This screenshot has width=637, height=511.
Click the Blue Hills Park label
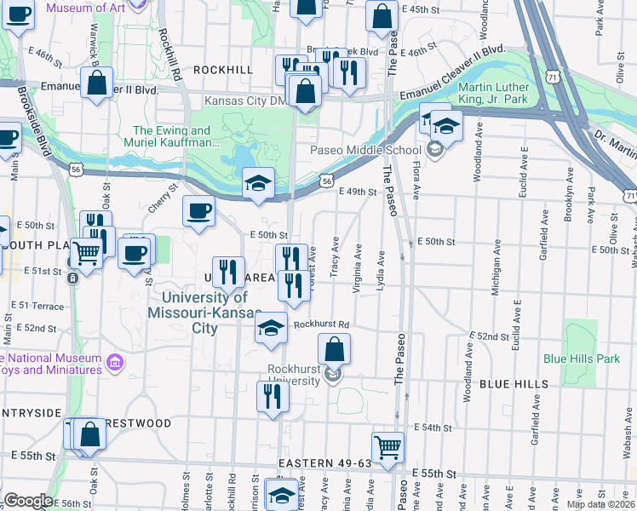582,359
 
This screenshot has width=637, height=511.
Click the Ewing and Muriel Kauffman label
172,136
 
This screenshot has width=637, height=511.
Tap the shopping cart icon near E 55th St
387,446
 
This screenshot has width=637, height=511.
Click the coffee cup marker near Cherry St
198,210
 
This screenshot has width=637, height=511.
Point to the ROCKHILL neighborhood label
223,69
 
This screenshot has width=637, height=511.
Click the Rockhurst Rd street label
322,324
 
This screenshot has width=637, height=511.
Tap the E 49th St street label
357,192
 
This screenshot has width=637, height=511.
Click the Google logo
28,501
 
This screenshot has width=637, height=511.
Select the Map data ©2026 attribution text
600,504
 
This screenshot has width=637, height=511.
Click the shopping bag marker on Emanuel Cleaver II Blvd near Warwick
98,83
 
